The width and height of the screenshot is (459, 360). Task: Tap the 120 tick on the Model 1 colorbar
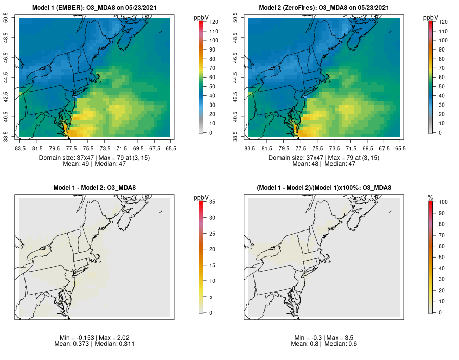point(213,22)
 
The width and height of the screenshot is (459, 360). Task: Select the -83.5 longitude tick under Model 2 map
point(248,148)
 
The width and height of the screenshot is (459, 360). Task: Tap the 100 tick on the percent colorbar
point(443,202)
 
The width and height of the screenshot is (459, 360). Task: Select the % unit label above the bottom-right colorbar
point(430,197)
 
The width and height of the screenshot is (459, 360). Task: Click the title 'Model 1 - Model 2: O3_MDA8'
point(94,188)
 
